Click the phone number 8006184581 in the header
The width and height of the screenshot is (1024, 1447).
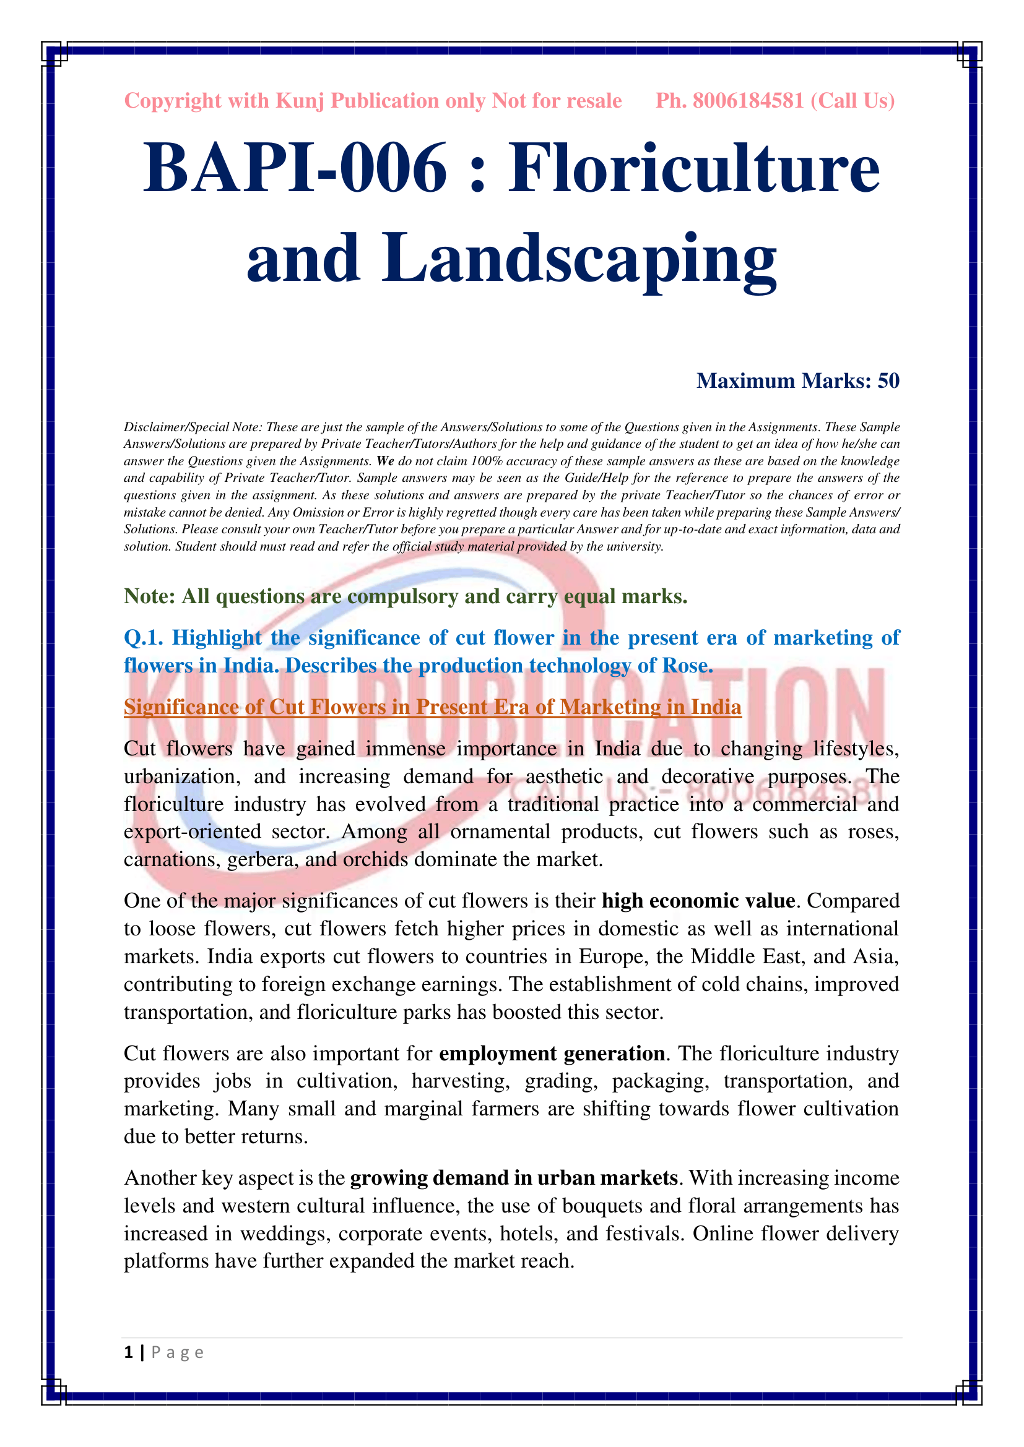click(748, 101)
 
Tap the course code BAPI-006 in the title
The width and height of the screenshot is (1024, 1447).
click(295, 168)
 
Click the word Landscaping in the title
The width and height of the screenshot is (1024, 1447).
click(578, 259)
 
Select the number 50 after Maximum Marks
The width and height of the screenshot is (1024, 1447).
click(888, 380)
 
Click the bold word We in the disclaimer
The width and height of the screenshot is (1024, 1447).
click(384, 461)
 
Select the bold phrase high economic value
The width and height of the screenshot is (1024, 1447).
click(698, 901)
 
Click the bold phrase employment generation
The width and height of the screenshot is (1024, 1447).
click(552, 1053)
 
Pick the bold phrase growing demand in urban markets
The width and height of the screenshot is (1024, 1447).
click(513, 1178)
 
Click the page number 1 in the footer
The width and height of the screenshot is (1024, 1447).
click(129, 1352)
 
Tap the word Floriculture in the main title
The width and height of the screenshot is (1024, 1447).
click(694, 168)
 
